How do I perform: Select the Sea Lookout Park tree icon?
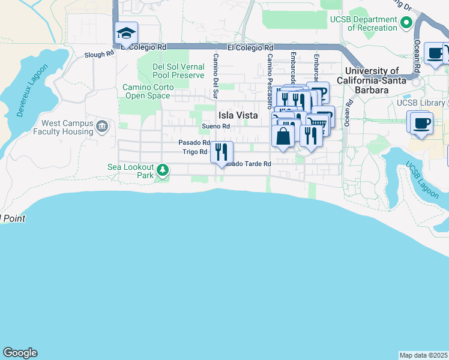click(161, 172)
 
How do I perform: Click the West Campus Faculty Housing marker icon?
click(102, 127)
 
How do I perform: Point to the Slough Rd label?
click(99, 54)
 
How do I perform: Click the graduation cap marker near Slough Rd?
click(127, 34)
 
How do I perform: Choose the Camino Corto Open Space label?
click(148, 91)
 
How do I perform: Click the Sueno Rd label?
click(216, 127)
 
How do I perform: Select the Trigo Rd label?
click(195, 152)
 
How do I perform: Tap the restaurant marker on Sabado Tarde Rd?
click(221, 152)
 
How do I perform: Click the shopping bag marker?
click(283, 136)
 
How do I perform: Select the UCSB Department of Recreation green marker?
click(406, 23)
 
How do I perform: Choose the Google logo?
click(20, 353)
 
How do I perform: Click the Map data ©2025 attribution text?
click(424, 355)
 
